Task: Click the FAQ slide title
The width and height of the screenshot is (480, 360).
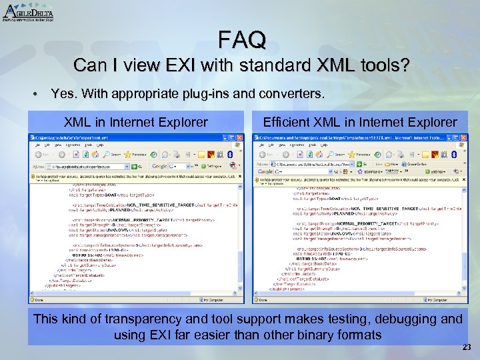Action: tap(242, 40)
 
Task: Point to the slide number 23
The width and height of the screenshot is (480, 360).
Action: tap(467, 347)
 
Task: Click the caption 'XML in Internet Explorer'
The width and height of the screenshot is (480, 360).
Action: tap(135, 122)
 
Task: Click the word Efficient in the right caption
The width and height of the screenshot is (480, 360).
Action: tap(287, 122)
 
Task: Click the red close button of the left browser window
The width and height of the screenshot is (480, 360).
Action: tap(241, 137)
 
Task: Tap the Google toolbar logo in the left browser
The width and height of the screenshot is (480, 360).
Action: tap(158, 167)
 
